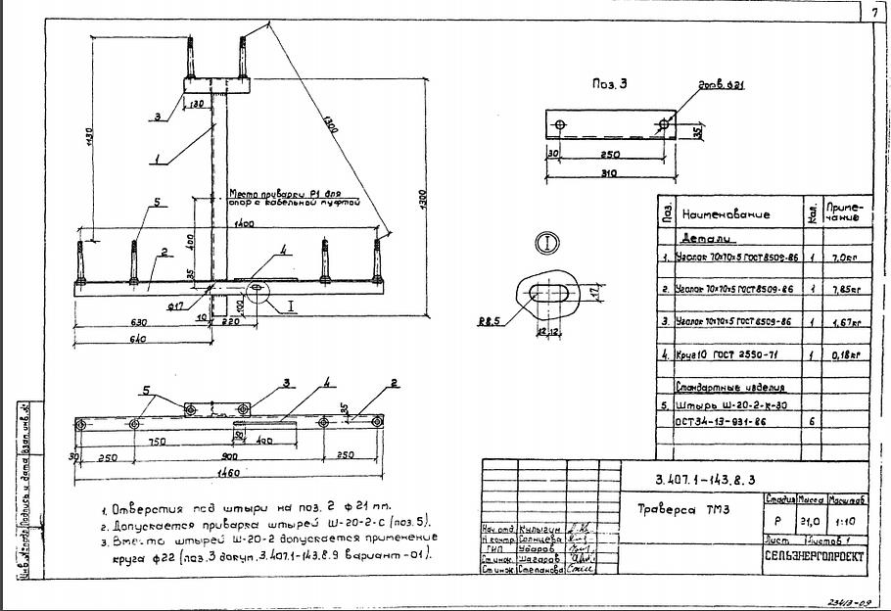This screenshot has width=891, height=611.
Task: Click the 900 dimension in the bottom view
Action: click(228, 456)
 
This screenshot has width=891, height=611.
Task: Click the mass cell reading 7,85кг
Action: click(843, 291)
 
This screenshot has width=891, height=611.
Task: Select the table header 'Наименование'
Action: click(726, 214)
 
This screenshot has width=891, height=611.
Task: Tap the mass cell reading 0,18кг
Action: click(843, 355)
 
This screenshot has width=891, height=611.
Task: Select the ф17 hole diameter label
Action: click(175, 306)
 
